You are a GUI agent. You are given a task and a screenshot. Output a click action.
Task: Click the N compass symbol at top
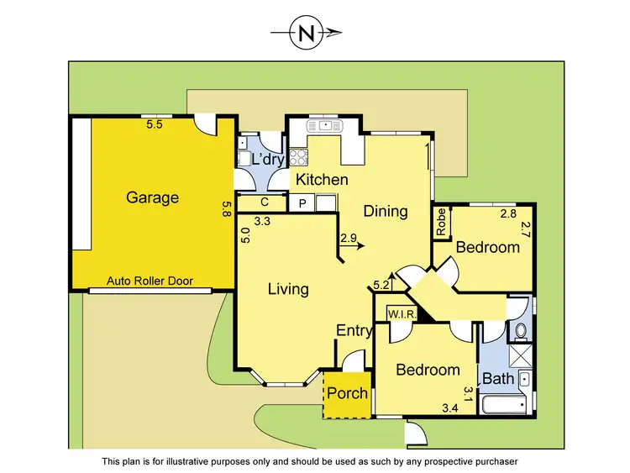tap(305, 34)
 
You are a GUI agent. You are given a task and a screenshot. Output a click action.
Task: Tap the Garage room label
tap(152, 198)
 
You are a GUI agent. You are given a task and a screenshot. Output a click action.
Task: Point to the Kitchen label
tap(319, 180)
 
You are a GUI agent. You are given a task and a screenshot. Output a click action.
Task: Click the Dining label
tap(386, 211)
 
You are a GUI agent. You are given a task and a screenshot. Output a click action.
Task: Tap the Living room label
tap(288, 289)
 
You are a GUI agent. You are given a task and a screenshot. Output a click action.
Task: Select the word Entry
tap(354, 331)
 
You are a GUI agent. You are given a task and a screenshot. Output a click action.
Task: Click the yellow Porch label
tap(347, 394)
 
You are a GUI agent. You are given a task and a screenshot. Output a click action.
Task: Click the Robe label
tap(441, 223)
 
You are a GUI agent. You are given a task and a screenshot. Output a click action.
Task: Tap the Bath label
tap(497, 379)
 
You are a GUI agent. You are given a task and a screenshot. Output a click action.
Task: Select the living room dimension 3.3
tap(262, 223)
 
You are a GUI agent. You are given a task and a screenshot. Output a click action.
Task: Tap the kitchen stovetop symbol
tap(297, 155)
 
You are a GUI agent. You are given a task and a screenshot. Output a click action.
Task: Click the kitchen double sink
tap(323, 126)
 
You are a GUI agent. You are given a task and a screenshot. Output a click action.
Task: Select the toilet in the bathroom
tap(520, 329)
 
